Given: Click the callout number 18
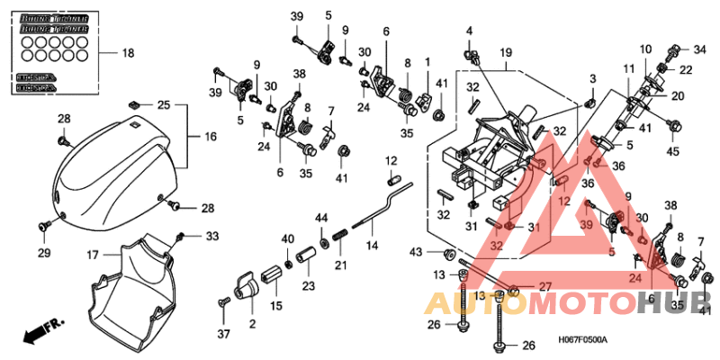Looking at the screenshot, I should pos(128,53).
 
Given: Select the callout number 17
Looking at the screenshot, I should pos(93,255).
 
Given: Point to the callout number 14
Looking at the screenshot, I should pos(370,244).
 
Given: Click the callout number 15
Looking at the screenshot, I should pos(276,307).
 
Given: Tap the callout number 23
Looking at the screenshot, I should pos(309,287).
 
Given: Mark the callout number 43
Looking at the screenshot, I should pos(416,250).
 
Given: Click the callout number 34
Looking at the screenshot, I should pos(699,49).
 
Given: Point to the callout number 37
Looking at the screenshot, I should pos(222,334).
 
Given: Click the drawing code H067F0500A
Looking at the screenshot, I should pos(583,339).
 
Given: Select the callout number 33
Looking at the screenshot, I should pos(212,237).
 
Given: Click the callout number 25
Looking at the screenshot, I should pos(163,105).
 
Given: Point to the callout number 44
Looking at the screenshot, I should pos(320,219).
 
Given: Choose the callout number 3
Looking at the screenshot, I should pos(592,82).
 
